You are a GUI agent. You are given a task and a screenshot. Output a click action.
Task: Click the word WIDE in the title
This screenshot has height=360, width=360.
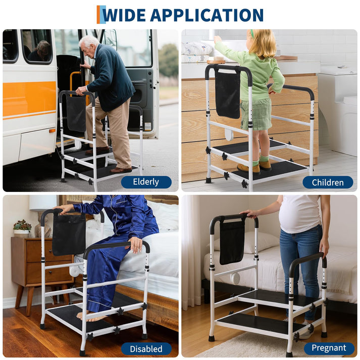coord(124,15)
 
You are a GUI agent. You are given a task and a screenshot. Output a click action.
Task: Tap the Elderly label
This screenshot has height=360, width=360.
coord(146,182)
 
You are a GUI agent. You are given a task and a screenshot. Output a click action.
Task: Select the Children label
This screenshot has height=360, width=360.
coord(328,183)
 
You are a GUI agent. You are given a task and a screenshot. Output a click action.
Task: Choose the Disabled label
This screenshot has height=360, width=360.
coord(146,349)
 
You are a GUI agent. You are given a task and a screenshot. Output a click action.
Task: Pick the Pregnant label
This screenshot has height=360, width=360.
coord(329,348)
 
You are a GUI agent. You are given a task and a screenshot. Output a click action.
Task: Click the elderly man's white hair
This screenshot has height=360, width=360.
coord(89,41)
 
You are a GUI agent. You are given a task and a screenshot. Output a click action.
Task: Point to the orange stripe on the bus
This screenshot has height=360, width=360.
coord(29,99)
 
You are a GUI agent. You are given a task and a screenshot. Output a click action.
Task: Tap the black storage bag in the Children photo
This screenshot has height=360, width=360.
coord(228,94)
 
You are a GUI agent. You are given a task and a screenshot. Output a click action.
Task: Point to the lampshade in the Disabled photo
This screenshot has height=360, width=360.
coord(43,202)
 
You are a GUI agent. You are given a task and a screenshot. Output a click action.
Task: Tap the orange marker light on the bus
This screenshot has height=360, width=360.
coord(52,131)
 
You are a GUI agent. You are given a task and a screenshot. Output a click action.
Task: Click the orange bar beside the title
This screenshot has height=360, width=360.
coord(98,15)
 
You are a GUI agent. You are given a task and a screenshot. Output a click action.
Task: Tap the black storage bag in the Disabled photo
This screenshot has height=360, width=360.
coord(69,234)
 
